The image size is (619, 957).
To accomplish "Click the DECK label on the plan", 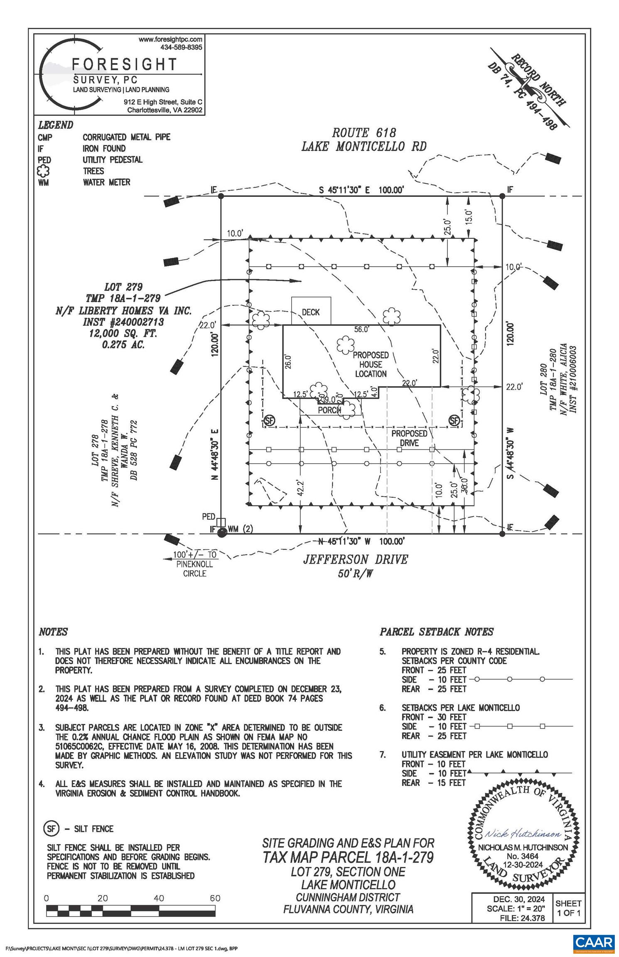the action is coord(311,312).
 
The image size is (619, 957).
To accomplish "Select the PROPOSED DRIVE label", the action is coord(409,438).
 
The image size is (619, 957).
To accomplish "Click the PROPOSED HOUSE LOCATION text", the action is coord(371,364).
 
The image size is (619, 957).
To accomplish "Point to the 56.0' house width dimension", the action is coord(361,329).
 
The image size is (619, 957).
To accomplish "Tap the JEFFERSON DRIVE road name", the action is coord(355,559).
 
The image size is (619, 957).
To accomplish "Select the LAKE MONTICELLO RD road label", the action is coord(364,147).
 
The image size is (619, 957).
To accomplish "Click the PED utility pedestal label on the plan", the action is coord(209,517).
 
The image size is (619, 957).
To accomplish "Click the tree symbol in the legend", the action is coord(44,171).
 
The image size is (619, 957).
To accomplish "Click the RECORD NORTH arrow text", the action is coord(538,80).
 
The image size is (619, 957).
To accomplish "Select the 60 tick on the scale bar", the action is coord(215,898).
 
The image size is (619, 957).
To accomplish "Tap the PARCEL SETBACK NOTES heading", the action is coord(436,632).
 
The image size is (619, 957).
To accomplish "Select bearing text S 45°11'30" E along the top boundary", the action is coord(344,190).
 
